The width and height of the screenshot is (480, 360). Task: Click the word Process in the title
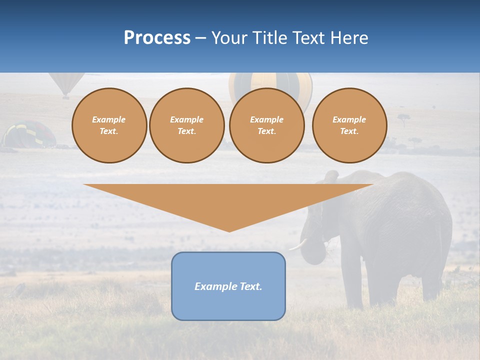click(x=157, y=38)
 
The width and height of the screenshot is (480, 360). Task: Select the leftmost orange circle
click(x=109, y=125)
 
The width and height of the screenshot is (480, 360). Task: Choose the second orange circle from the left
click(x=186, y=125)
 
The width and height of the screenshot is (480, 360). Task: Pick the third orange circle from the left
click(x=266, y=125)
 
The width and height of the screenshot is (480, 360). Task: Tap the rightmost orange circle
click(x=349, y=125)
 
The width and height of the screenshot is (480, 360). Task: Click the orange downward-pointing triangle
click(x=228, y=202)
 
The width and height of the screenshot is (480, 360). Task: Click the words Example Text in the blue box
click(x=228, y=286)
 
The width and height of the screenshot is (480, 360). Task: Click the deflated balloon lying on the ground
click(x=29, y=134)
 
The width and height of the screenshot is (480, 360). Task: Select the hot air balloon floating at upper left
click(x=66, y=82)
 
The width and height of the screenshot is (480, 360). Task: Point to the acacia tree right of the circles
click(x=403, y=119)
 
